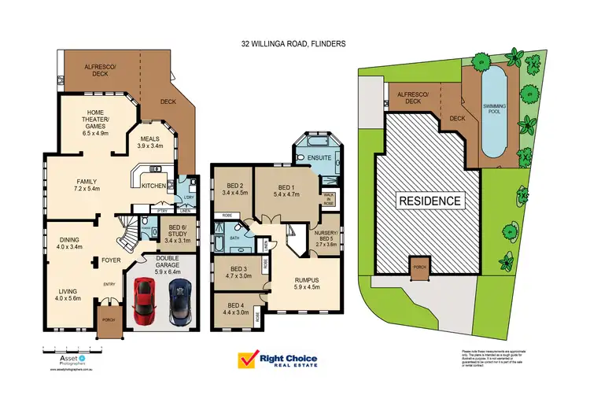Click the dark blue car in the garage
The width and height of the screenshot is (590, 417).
tap(179, 301)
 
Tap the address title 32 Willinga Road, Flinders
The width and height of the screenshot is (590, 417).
tap(294, 46)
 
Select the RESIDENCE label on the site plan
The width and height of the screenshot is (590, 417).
tap(430, 201)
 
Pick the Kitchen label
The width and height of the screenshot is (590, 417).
tap(153, 186)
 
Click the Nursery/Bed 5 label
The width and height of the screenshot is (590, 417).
tap(325, 240)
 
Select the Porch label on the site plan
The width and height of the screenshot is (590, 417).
tap(421, 266)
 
